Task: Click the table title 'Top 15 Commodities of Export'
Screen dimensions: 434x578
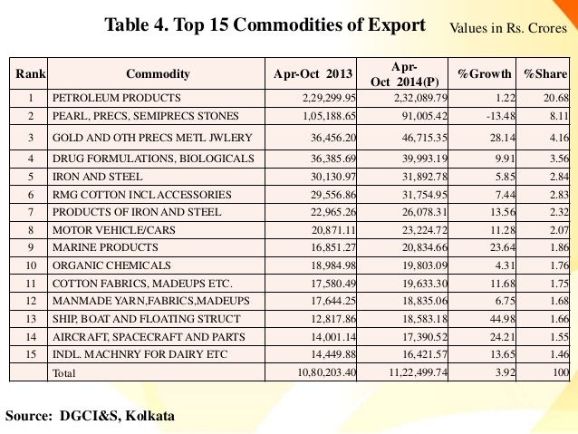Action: (x=265, y=24)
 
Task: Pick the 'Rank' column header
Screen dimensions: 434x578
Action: (x=31, y=73)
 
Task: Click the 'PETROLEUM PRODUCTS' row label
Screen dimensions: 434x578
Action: (x=117, y=97)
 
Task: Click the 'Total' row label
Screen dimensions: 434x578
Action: (x=65, y=372)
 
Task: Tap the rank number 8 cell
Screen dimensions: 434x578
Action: (x=31, y=231)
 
